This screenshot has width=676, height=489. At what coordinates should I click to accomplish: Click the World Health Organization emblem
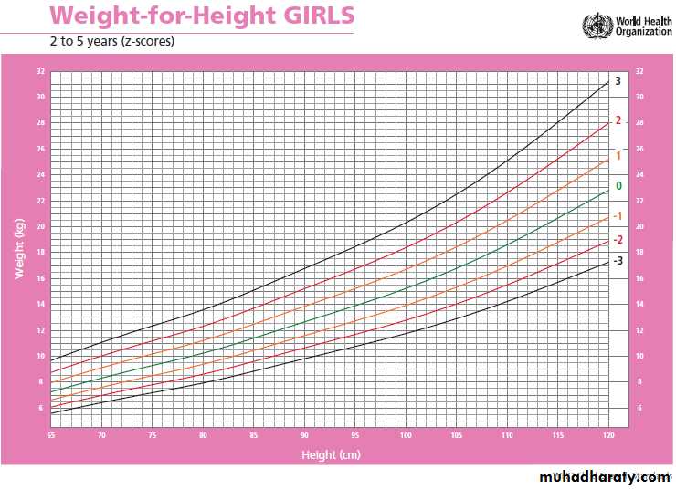597,24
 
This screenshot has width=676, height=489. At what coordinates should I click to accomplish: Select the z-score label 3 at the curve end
618,81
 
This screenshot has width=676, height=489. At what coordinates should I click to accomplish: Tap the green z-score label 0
619,186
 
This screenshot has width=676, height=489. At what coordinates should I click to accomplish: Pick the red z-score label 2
618,120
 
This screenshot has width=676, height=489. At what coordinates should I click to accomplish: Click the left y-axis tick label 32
40,71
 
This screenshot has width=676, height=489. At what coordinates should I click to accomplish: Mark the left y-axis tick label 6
40,408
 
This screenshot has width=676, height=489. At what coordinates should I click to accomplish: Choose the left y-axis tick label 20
40,226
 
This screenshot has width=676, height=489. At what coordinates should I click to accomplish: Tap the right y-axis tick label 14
639,304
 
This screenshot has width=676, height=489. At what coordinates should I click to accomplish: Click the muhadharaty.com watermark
603,477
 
